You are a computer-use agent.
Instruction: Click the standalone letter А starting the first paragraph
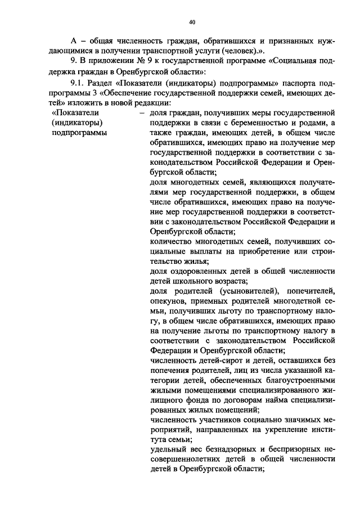73,42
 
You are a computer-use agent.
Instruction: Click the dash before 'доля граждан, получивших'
143,112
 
